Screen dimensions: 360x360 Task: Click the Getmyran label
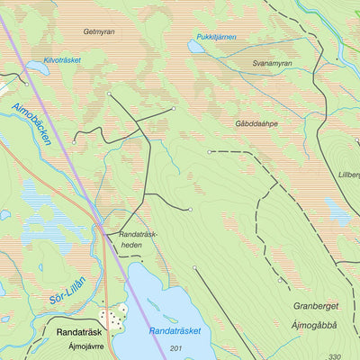[98, 31]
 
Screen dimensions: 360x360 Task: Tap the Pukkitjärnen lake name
[216, 37]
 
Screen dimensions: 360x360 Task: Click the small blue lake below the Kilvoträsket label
[39, 68]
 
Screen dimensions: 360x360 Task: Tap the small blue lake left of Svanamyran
[196, 47]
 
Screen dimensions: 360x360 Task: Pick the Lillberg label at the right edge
[348, 176]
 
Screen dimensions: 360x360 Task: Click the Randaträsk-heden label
[138, 239]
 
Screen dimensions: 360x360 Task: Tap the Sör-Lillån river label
[67, 292]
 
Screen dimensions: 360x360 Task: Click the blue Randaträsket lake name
[175, 330]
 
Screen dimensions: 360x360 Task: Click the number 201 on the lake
[175, 348]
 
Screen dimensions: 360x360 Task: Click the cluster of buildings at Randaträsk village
[113, 317]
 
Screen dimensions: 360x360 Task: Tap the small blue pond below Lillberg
[339, 213]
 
